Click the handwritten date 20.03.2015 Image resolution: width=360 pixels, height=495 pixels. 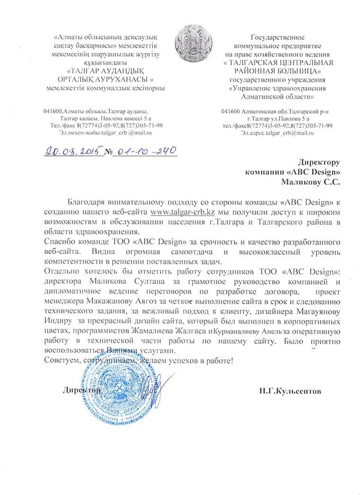pos(72,151)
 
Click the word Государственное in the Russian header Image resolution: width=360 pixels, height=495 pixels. pos(278,36)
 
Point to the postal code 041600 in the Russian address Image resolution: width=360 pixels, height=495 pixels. pos(232,111)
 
